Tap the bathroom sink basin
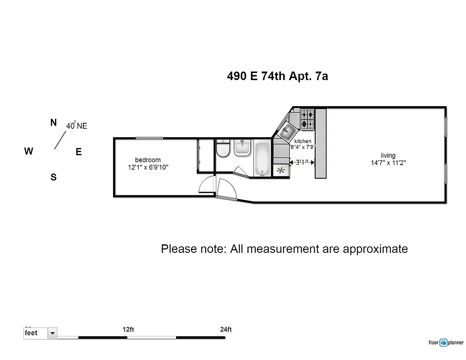coord(242,148)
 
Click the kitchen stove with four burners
coord(308,119)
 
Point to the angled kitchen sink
coord(287,132)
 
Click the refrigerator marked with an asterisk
coord(281,171)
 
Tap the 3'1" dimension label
coord(302,162)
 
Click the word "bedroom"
coord(148,160)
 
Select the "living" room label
coord(388,156)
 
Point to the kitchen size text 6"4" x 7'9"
coord(302,147)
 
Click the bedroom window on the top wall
coord(149,138)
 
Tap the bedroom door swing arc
coord(206,184)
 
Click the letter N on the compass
coord(54,122)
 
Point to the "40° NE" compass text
coord(77,126)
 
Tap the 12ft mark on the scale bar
coord(128,329)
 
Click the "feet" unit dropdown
coord(41,333)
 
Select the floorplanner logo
coord(446,342)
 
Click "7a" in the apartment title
coord(321,76)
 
